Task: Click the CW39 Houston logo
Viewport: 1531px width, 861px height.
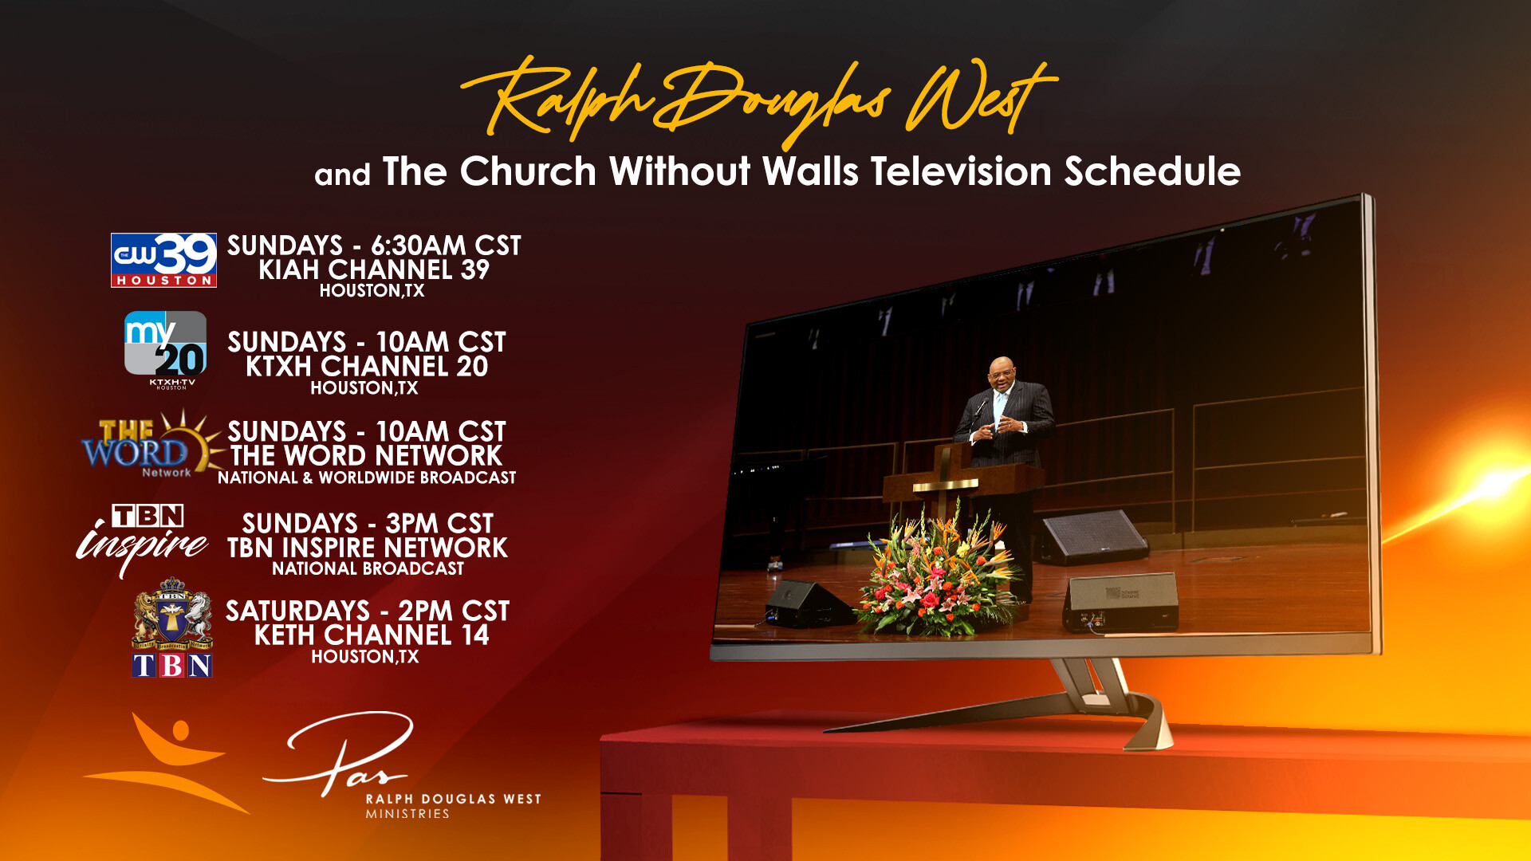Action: tap(163, 260)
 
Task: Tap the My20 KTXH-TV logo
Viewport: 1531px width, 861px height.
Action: tap(166, 349)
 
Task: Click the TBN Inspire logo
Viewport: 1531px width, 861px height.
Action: tap(143, 539)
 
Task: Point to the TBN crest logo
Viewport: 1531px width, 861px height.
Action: tap(172, 628)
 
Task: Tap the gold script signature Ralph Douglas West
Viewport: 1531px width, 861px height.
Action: tap(758, 101)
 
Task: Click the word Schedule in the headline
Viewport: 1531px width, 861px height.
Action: tap(1152, 171)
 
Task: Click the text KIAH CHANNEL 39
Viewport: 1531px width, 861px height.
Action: tap(374, 269)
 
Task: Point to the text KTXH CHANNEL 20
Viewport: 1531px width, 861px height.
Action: tap(367, 366)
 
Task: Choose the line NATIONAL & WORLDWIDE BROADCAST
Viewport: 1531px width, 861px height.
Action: tap(367, 478)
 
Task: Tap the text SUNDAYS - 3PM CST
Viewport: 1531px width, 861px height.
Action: tap(368, 523)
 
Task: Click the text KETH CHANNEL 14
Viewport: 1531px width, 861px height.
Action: tap(372, 635)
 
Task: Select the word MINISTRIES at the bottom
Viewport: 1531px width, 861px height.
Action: tap(407, 814)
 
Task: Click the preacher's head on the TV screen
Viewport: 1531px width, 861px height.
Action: tap(1002, 373)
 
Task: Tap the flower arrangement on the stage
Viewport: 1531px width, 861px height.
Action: tap(939, 571)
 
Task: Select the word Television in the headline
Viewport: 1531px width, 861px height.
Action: tap(961, 171)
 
